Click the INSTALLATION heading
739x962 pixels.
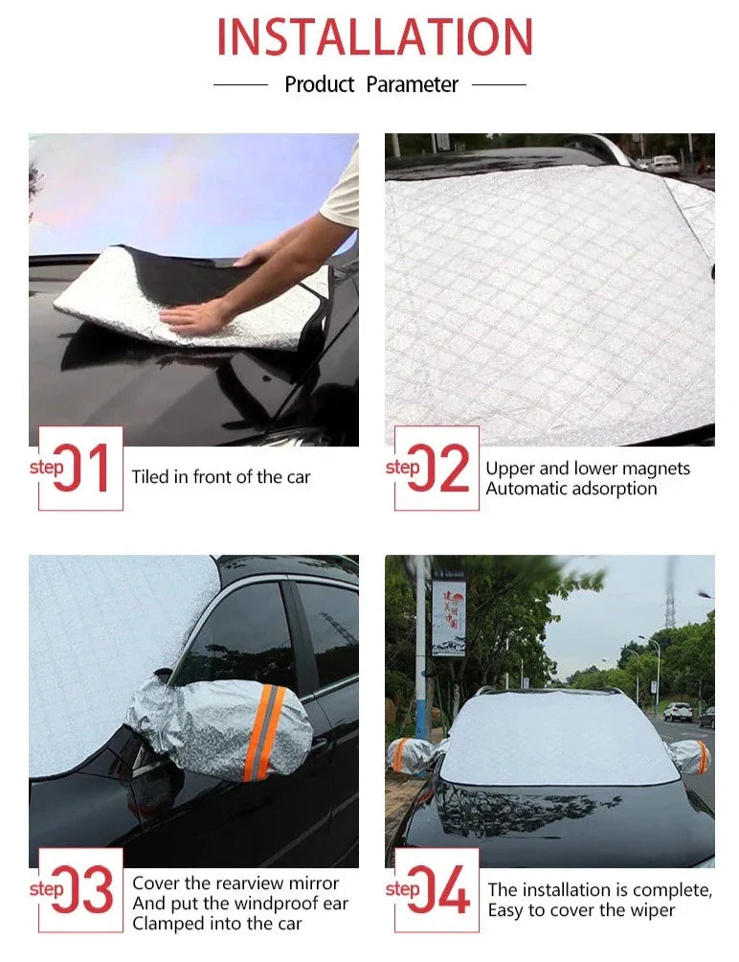[374, 37]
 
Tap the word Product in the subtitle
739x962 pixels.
[320, 85]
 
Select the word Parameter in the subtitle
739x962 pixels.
[413, 85]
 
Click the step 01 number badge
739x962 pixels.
[80, 469]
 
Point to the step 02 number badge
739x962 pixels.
[437, 469]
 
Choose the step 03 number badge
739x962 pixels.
[80, 890]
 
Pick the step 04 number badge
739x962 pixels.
[437, 890]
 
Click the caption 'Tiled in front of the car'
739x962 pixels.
[221, 477]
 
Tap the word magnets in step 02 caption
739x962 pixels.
[655, 469]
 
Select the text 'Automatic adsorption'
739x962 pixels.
[571, 489]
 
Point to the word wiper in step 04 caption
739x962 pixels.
[652, 910]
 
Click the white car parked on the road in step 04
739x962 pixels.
[678, 712]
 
